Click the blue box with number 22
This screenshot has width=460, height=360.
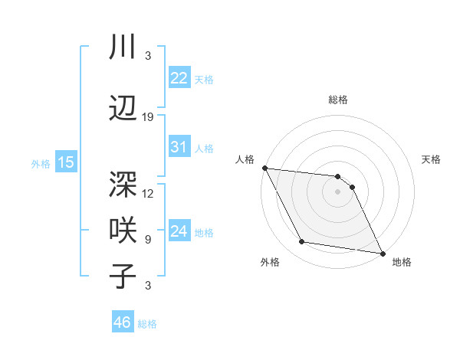(179, 78)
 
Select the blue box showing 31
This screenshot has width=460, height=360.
(179, 147)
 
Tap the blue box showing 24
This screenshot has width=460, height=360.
(179, 231)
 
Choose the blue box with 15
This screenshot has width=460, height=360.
(66, 162)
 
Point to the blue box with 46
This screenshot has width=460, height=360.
(123, 322)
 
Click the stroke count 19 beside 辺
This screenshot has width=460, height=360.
(148, 117)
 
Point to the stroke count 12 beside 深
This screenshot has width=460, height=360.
(148, 193)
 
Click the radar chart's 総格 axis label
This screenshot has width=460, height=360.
(338, 100)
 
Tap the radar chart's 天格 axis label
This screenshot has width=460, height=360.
(432, 159)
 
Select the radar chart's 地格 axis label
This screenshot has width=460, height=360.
(402, 263)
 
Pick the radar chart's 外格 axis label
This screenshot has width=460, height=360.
(270, 263)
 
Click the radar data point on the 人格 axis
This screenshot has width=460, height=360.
(264, 168)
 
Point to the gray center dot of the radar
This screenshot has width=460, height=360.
(338, 191)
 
